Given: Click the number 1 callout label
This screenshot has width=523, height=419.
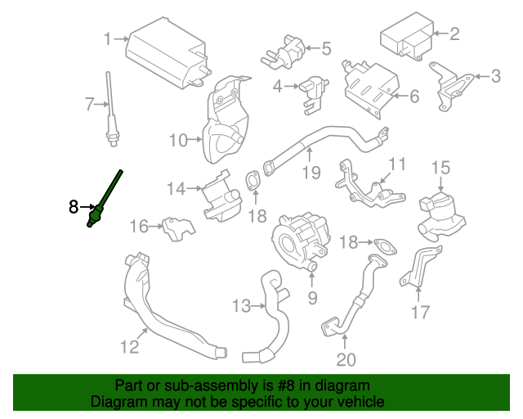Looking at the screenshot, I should point(107,38).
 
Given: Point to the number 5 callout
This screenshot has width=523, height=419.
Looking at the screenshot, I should point(326,49).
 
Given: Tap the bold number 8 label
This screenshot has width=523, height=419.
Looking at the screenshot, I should point(74,207).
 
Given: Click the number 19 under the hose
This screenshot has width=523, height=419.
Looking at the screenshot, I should point(310,172).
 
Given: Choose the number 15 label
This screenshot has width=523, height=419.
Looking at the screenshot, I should point(440,168).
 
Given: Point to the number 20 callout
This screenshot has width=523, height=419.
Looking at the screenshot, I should point(346,359).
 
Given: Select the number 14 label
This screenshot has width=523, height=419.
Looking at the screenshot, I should point(177,189).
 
